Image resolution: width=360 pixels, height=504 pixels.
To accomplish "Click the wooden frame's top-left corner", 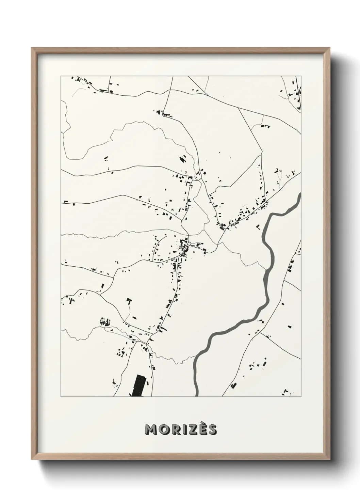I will coord(32,48).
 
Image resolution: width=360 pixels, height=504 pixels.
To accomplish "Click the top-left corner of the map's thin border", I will coord(61,76).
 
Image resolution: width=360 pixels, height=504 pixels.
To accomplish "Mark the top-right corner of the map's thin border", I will coord(301,76).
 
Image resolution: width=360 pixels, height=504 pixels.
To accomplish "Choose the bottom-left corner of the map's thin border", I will coord(61,397).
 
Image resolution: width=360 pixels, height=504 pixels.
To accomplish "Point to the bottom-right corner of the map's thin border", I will coord(301,397).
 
